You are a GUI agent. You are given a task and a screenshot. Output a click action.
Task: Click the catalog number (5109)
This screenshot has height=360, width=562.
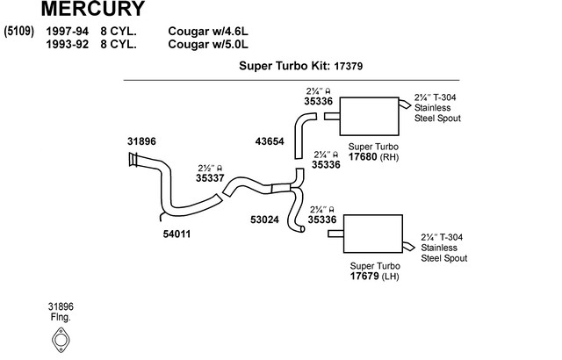click(19, 32)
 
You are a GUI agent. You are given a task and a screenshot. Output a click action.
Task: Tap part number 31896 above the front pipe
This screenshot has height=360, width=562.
click(141, 140)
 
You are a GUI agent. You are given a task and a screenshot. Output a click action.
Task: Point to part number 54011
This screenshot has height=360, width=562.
click(177, 234)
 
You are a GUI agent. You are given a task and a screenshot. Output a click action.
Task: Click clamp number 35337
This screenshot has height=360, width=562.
click(210, 177)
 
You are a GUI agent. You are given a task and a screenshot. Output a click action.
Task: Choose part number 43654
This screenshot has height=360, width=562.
click(270, 140)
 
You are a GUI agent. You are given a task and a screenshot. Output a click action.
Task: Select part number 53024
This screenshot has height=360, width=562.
click(264, 220)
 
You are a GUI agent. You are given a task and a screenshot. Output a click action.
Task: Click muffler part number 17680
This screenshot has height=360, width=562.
click(366, 158)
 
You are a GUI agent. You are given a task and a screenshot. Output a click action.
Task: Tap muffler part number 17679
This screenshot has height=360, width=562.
click(366, 276)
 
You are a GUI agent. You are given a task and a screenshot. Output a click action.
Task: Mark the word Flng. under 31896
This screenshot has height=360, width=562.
click(61, 316)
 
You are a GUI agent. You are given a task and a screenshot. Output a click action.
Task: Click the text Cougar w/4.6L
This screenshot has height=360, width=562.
click(209, 32)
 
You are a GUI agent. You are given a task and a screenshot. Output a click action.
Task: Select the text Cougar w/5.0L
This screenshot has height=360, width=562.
click(209, 44)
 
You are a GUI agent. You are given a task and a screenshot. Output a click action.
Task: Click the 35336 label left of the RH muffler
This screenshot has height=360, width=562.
click(318, 101)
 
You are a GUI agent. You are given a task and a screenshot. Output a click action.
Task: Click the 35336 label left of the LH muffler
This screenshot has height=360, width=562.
click(322, 220)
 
